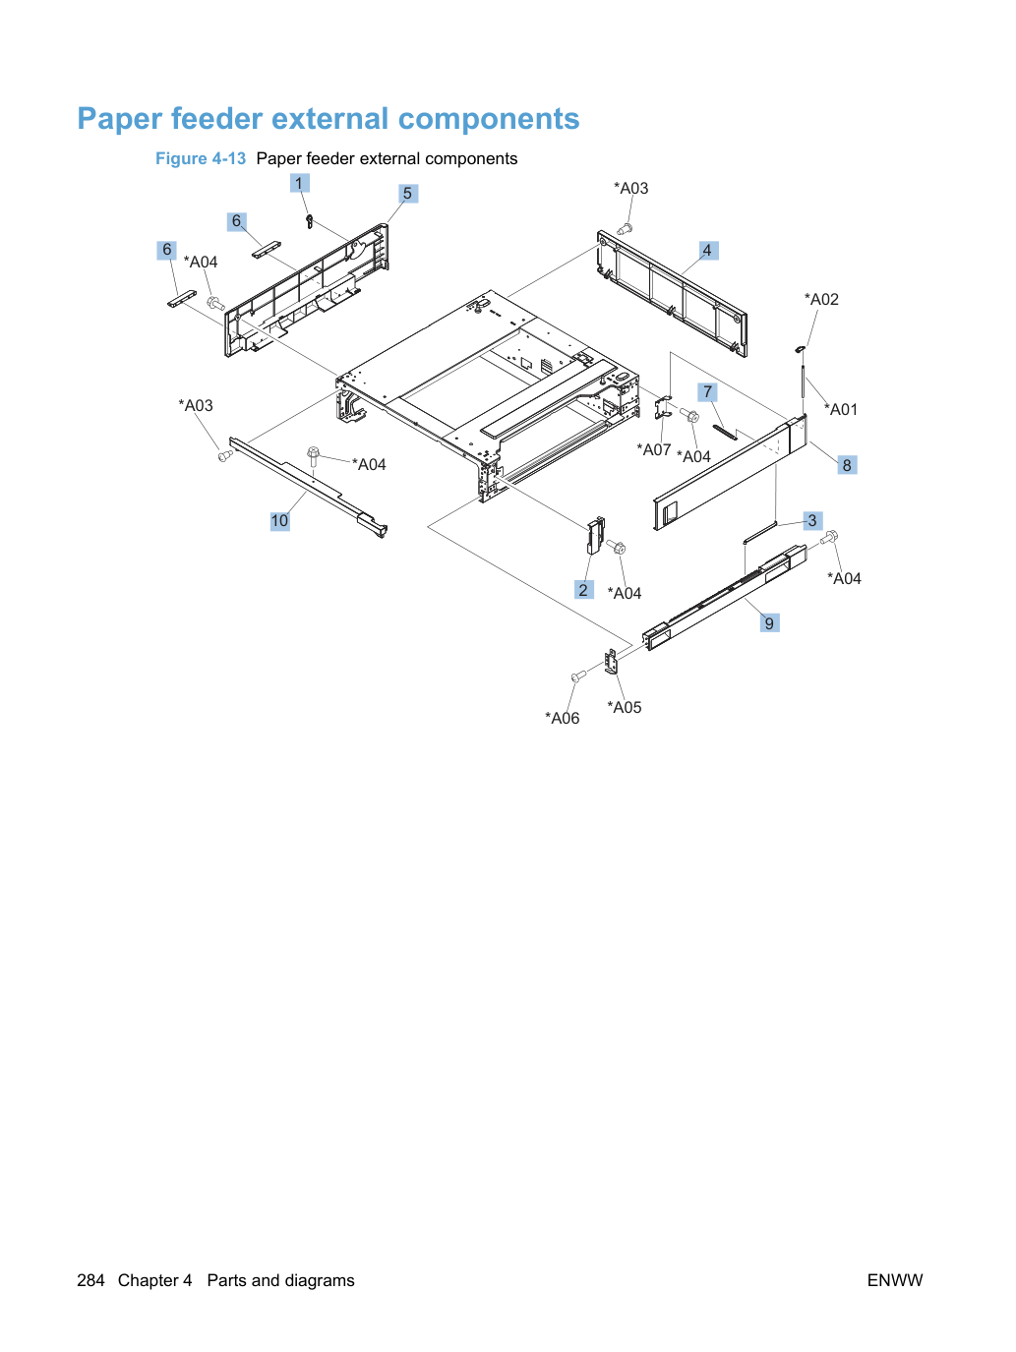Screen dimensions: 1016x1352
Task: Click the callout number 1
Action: [299, 183]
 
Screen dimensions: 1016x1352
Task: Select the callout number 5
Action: [408, 194]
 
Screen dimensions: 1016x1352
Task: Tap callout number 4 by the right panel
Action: [708, 250]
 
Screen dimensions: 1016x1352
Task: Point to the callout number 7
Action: [707, 391]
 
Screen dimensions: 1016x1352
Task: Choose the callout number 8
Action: [847, 465]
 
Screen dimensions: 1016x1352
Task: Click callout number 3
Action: [812, 520]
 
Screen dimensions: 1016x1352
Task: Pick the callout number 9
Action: [769, 622]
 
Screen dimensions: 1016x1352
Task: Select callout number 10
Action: [279, 521]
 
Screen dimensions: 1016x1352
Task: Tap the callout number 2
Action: [583, 589]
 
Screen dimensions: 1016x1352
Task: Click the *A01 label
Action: [841, 409]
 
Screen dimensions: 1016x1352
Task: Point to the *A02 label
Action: [821, 299]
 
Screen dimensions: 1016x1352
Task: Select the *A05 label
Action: [625, 707]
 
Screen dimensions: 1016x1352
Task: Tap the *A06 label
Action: [562, 718]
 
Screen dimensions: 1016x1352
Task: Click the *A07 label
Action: [654, 449]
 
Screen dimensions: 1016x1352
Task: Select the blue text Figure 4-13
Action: [201, 159]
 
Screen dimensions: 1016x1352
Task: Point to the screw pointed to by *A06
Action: [578, 676]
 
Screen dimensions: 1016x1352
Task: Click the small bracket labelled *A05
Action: [611, 661]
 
